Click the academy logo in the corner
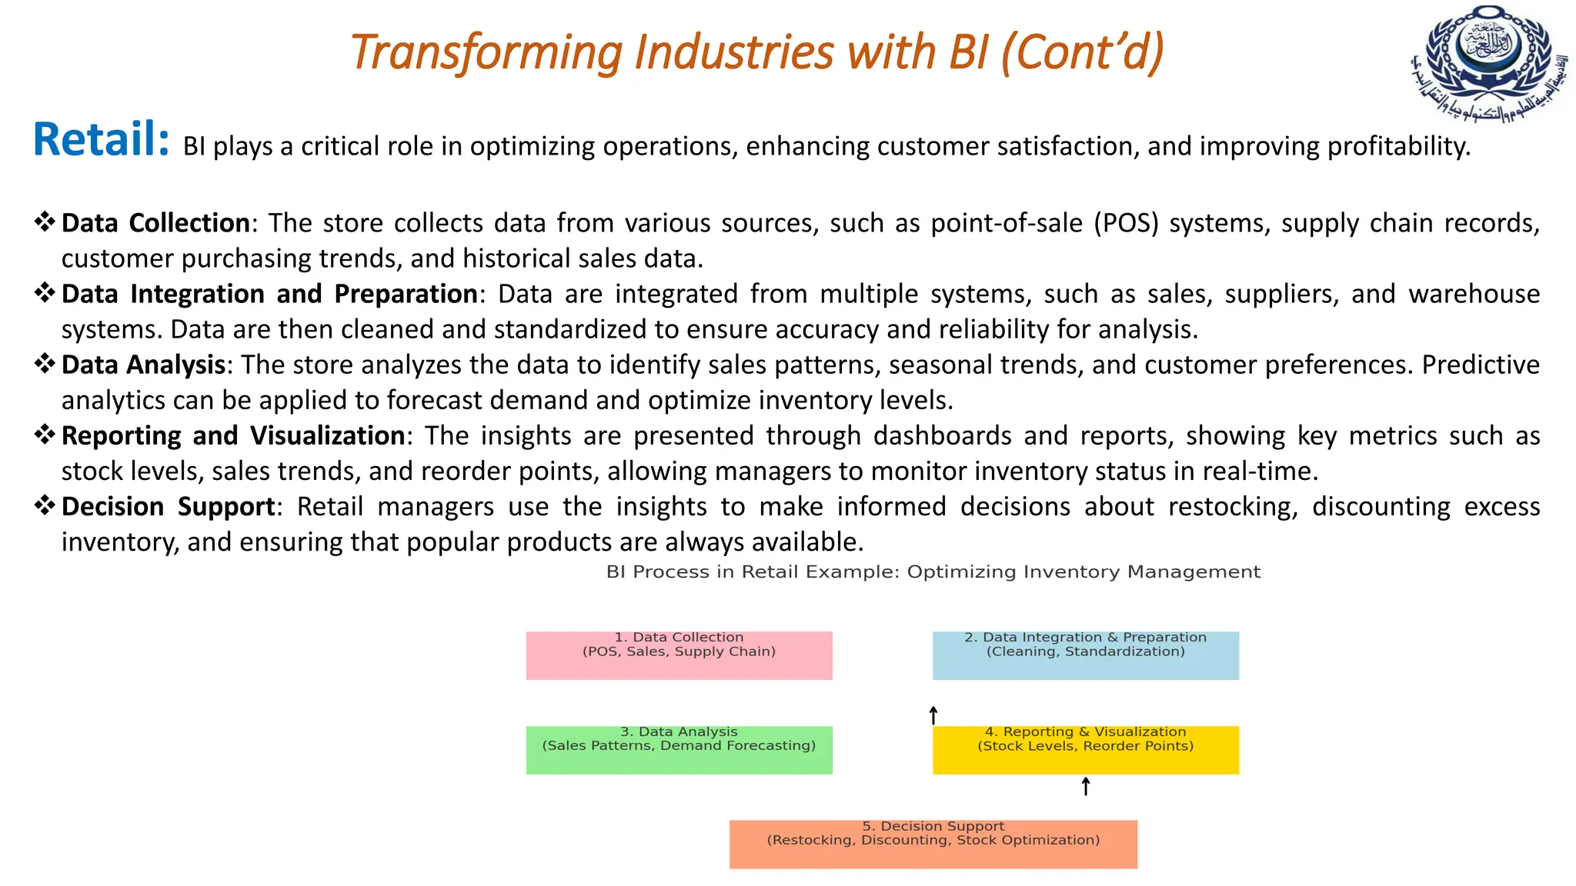(x=1488, y=63)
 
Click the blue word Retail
(x=100, y=139)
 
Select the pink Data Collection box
(x=679, y=655)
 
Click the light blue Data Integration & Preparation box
(x=1085, y=655)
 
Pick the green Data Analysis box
(x=679, y=749)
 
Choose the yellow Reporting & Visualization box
(x=1085, y=749)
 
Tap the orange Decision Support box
(x=933, y=844)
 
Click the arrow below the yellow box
(x=1085, y=786)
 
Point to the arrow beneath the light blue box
(x=933, y=715)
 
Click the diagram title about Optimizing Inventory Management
(x=933, y=571)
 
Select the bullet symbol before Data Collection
(x=45, y=222)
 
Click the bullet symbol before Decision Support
(x=45, y=506)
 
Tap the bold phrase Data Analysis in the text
(x=143, y=365)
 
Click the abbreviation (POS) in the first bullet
(x=1126, y=223)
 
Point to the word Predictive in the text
(x=1480, y=365)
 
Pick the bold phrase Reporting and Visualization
(x=233, y=435)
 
